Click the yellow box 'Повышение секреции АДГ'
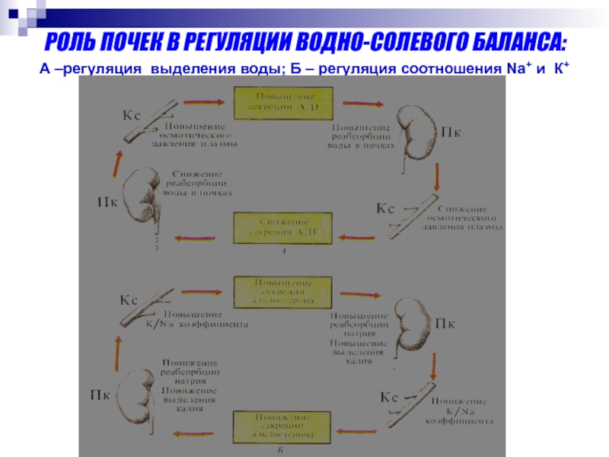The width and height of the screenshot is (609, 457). (273, 101)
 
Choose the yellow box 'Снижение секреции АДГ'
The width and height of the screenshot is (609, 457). (274, 225)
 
